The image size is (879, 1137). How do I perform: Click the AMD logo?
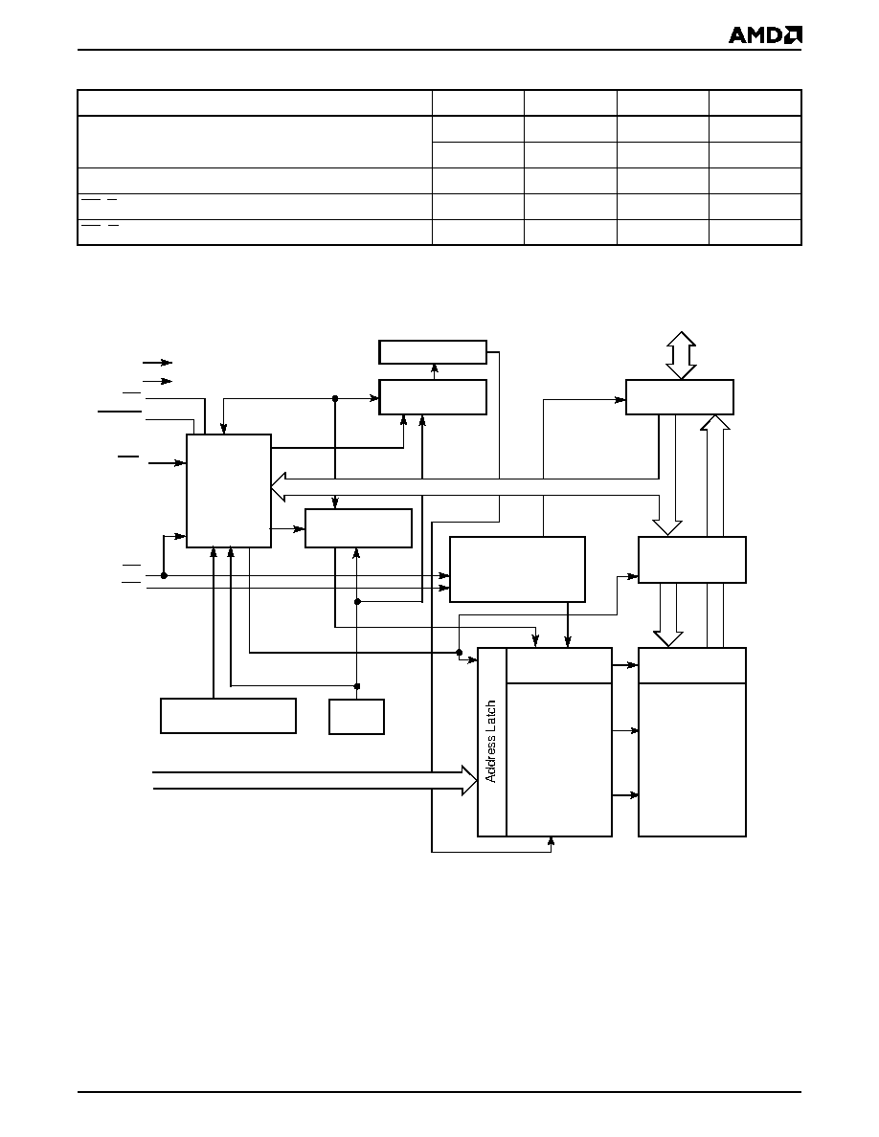(x=765, y=34)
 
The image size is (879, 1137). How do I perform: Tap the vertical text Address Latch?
(x=491, y=741)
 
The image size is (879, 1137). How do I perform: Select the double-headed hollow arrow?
(x=681, y=355)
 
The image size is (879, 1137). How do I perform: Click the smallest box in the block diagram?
(x=356, y=717)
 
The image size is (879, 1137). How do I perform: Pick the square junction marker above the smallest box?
(x=357, y=686)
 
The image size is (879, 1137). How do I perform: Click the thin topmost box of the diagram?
(x=433, y=352)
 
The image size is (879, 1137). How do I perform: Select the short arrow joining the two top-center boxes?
(x=435, y=371)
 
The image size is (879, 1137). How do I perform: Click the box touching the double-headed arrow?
(x=680, y=396)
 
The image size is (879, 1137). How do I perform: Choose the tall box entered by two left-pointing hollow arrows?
(x=229, y=491)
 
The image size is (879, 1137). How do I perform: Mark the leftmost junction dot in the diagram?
(x=164, y=576)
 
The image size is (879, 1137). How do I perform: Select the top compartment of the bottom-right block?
(x=692, y=666)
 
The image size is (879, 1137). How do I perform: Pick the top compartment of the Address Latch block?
(x=558, y=666)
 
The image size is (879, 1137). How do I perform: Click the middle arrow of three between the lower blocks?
(x=625, y=731)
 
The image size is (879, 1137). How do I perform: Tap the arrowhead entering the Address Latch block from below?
(x=552, y=841)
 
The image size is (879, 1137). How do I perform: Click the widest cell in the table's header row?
(x=255, y=102)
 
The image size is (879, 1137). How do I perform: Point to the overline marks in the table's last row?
(x=101, y=226)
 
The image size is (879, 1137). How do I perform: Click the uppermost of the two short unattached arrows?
(x=157, y=362)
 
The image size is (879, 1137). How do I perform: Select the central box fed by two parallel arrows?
(x=517, y=569)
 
